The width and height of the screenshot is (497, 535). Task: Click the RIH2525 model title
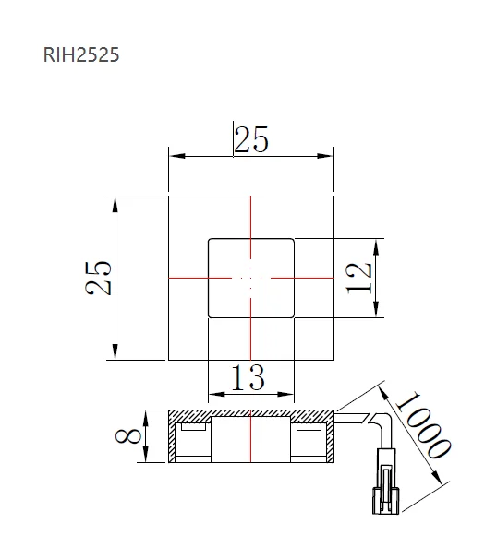coord(81,55)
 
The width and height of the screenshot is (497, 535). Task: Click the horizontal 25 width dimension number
coord(250,140)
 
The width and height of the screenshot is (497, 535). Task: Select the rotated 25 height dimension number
coord(99,278)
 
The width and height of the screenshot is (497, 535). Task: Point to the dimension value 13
coord(249,377)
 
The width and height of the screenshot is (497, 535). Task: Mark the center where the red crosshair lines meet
coord(250,277)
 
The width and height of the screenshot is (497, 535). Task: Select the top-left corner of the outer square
coord(168,196)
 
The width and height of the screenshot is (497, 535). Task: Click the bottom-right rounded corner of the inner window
coord(292,315)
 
